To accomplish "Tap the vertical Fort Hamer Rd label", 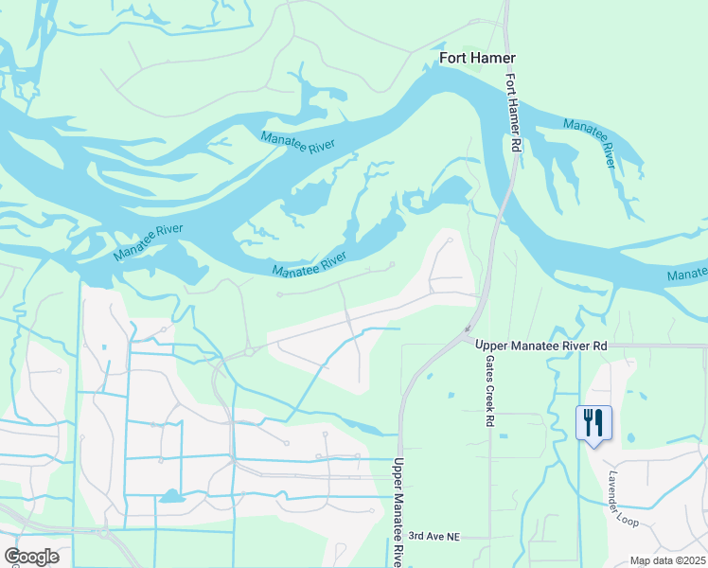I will (512, 112).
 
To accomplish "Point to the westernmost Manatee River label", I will (148, 243).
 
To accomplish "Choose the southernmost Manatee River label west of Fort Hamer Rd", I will (310, 264).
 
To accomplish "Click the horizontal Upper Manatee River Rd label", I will (540, 346).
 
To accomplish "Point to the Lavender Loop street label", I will (626, 499).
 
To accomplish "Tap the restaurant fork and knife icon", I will (593, 422).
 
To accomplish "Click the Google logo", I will (31, 556).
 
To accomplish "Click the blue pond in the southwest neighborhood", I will (170, 496).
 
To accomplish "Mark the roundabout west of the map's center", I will (250, 350).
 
